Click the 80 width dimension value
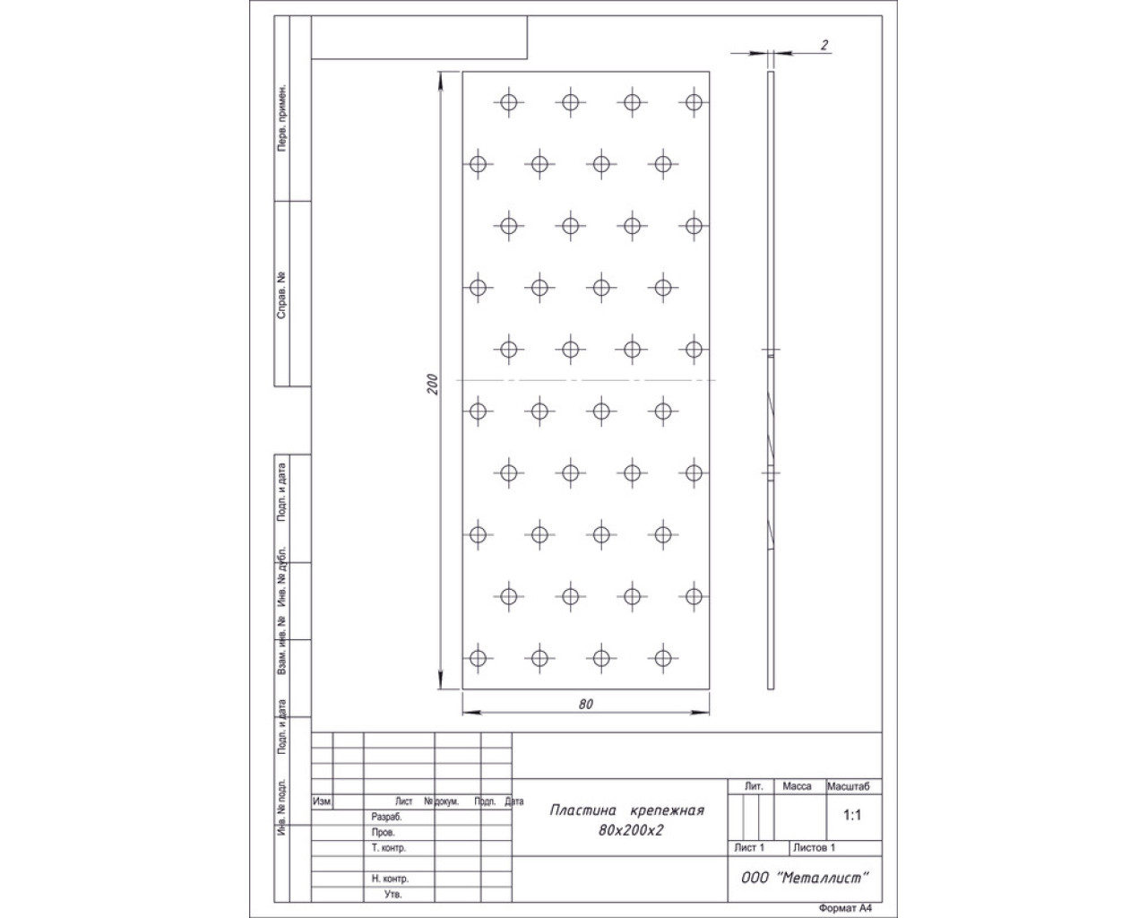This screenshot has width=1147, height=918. [586, 704]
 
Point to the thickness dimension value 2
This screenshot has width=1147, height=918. [824, 45]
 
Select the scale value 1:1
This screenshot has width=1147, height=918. [852, 815]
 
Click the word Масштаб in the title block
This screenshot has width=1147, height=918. [848, 786]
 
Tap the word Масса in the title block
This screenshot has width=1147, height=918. [797, 786]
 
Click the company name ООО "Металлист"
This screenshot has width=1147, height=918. [805, 878]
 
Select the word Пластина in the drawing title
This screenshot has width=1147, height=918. [582, 810]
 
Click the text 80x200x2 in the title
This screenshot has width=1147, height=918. [631, 830]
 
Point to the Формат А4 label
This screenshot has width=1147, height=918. [845, 908]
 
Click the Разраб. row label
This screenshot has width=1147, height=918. [386, 818]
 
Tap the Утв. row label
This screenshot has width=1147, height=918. [392, 895]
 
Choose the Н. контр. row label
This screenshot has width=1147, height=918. [390, 879]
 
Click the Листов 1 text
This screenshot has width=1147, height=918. [814, 847]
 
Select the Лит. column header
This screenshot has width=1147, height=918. [754, 786]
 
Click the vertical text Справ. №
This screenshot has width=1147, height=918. [281, 296]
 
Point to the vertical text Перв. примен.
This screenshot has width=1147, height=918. [281, 117]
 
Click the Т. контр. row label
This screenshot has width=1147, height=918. [389, 847]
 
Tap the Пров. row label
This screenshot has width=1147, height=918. [384, 832]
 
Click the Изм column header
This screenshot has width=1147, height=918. [322, 801]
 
